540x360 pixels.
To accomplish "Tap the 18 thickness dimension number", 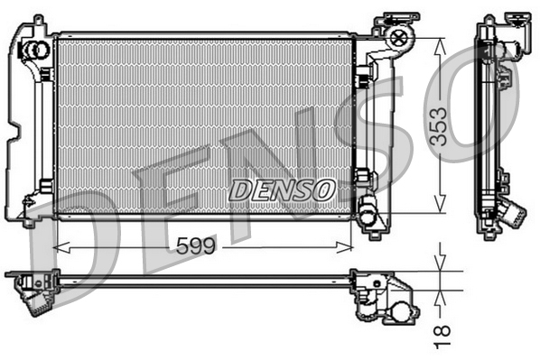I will (442, 333).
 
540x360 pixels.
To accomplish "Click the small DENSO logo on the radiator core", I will (281, 189).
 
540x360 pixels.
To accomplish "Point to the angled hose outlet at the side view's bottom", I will (512, 216).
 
